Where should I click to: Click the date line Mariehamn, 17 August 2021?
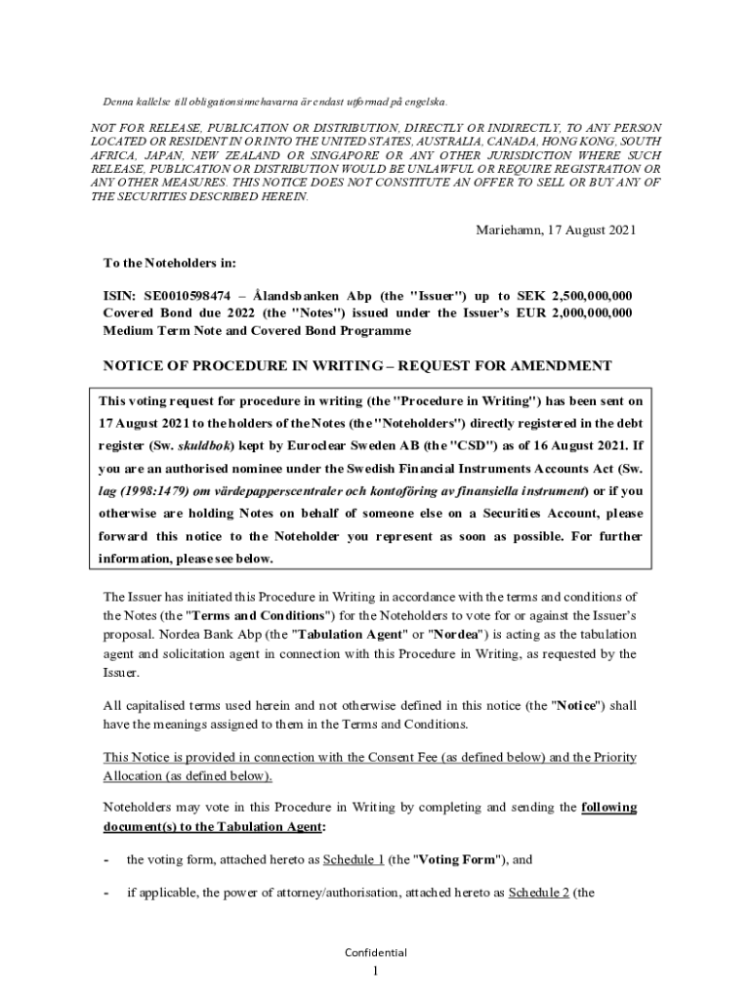click(x=556, y=230)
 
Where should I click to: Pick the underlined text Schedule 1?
click(x=355, y=860)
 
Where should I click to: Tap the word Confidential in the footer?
click(x=376, y=953)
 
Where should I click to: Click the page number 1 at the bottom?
click(x=376, y=974)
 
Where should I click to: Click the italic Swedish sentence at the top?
click(x=275, y=102)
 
